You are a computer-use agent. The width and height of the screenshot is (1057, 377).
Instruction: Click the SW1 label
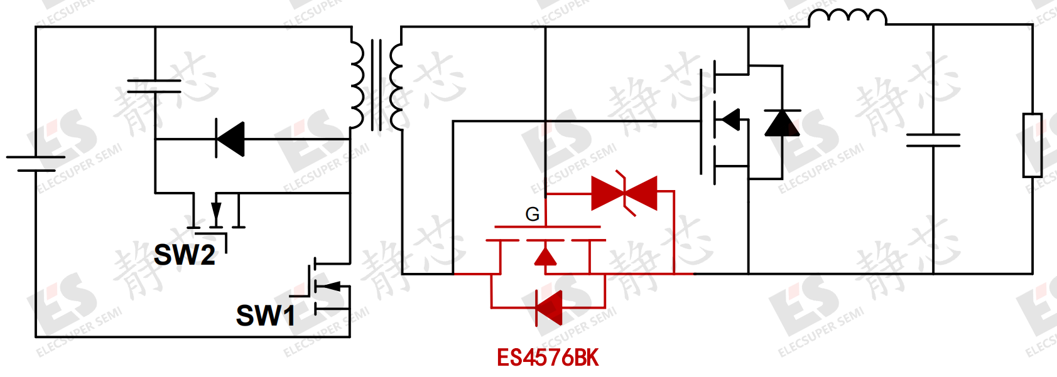pyautogui.click(x=266, y=316)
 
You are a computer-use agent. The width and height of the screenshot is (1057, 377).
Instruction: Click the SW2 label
pyautogui.click(x=185, y=255)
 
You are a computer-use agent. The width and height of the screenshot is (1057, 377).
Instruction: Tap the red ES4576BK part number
pyautogui.click(x=548, y=358)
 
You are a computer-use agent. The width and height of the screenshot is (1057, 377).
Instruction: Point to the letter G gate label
pyautogui.click(x=533, y=215)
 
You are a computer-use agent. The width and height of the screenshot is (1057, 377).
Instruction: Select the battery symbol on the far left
pyautogui.click(x=36, y=164)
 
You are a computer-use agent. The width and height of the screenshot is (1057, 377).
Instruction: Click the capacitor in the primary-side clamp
pyautogui.click(x=154, y=86)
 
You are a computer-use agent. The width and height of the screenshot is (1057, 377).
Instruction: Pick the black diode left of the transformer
pyautogui.click(x=230, y=139)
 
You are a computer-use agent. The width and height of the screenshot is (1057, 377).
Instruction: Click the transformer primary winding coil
pyautogui.click(x=357, y=85)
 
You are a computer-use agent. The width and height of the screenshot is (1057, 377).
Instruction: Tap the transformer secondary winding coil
pyautogui.click(x=396, y=88)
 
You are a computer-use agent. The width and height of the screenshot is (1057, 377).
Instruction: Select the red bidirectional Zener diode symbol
pyautogui.click(x=624, y=193)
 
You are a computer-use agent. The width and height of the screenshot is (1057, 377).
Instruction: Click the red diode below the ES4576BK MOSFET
pyautogui.click(x=549, y=308)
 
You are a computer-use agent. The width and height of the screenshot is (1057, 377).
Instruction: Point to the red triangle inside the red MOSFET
pyautogui.click(x=545, y=257)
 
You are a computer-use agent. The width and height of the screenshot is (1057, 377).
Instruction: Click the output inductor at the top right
pyautogui.click(x=847, y=18)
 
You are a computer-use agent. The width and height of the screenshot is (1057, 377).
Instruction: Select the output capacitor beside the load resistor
pyautogui.click(x=933, y=140)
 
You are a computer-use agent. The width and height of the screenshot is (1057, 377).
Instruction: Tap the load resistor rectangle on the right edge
pyautogui.click(x=1033, y=145)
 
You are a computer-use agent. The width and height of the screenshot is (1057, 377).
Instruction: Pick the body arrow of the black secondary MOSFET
pyautogui.click(x=731, y=120)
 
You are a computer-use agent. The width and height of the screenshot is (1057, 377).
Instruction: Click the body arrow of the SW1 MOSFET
pyautogui.click(x=333, y=285)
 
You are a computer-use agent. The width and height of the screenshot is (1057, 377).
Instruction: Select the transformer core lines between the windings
pyautogui.click(x=376, y=85)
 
